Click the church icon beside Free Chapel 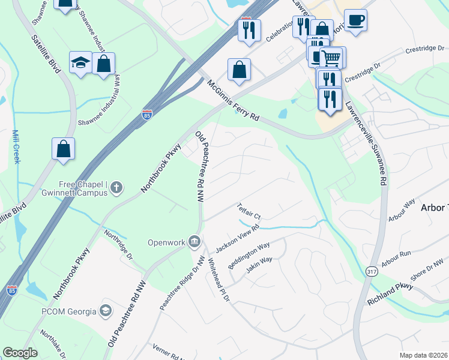click(116, 188)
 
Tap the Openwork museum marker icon click(194, 242)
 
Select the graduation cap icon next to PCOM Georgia click(106, 311)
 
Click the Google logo click(20, 353)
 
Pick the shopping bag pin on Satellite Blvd click(64, 149)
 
